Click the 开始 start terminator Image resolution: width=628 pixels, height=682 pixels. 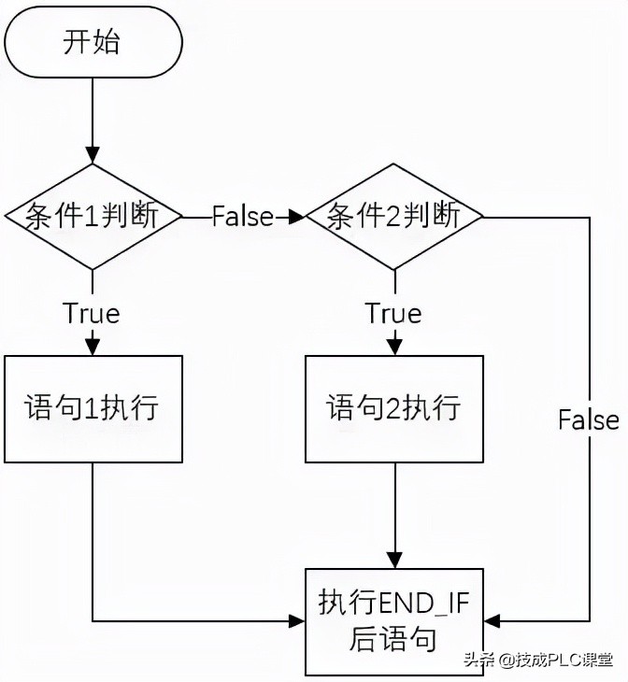[92, 42]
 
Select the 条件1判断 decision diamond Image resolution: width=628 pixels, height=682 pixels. [92, 217]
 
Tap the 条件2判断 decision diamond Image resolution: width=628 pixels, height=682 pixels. [394, 217]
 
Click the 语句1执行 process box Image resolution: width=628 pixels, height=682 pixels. [92, 408]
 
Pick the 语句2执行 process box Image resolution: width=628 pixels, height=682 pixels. [394, 408]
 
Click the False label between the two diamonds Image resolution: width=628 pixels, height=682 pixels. [243, 217]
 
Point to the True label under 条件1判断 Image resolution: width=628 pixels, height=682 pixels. [92, 313]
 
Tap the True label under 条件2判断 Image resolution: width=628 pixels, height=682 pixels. [394, 313]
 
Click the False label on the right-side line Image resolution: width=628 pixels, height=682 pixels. [589, 419]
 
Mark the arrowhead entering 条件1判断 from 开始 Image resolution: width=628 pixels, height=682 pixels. [92, 156]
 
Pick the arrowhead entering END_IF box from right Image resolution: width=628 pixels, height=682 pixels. [492, 620]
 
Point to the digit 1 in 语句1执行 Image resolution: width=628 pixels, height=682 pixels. [82, 408]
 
